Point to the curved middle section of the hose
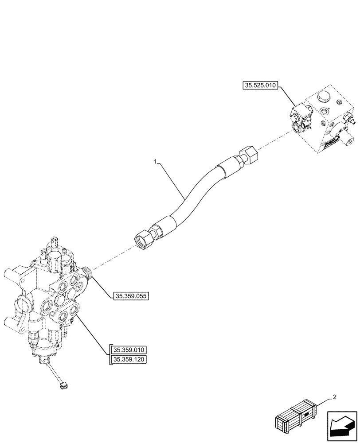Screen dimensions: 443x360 click(x=195, y=190)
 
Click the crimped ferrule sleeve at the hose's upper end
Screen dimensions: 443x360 click(x=227, y=169)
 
